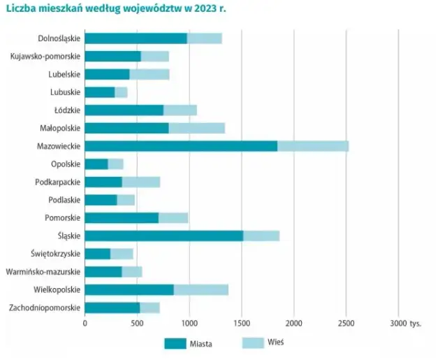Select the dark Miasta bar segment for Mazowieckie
[x=181, y=146]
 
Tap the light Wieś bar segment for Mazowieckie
[x=313, y=146]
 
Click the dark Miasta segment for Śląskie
[x=163, y=236]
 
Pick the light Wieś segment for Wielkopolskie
[x=201, y=289]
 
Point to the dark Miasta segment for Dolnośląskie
[x=135, y=38]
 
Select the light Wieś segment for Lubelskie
[x=149, y=74]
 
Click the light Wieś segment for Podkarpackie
[x=141, y=182]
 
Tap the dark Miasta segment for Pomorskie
[x=122, y=218]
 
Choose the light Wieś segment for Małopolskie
[x=197, y=128]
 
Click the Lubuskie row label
[x=65, y=92]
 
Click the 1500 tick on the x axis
[x=242, y=324]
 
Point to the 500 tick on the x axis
[x=137, y=324]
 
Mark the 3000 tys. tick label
[x=406, y=324]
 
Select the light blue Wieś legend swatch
[x=253, y=343]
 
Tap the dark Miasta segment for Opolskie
[x=96, y=164]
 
